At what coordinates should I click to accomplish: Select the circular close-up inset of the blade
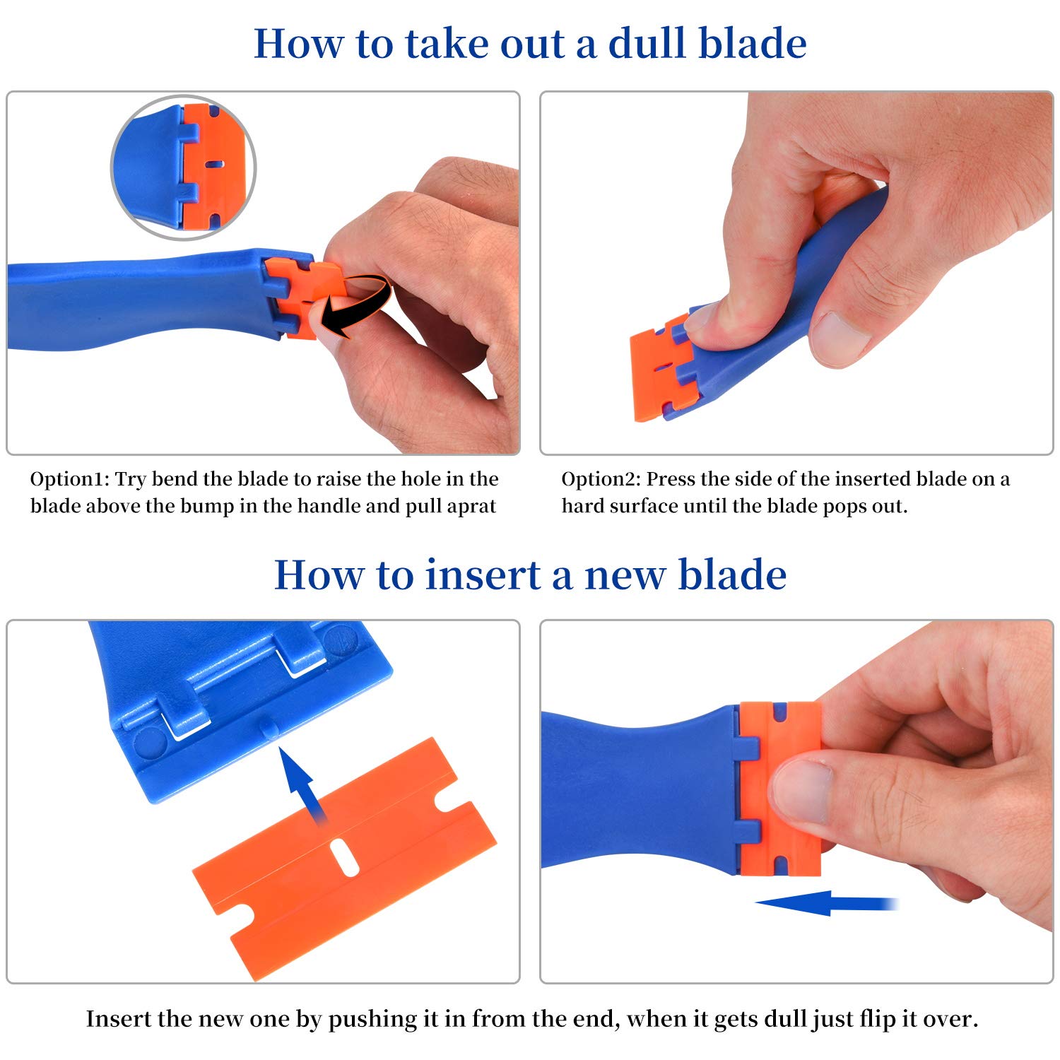coord(184,167)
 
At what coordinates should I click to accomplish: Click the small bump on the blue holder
coord(269,729)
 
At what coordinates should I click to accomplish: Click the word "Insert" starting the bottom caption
coord(118,1019)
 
